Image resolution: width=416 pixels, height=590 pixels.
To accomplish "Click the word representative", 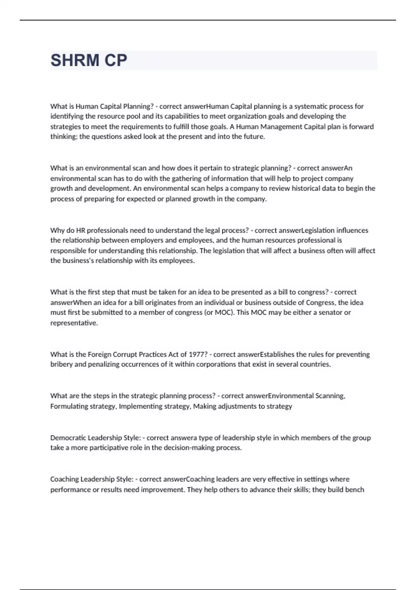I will (74, 323).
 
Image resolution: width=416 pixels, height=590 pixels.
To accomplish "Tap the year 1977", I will (198, 354).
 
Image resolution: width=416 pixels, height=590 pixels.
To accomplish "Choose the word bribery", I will (61, 364).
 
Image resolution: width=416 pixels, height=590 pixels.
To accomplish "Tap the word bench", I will (354, 490).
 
